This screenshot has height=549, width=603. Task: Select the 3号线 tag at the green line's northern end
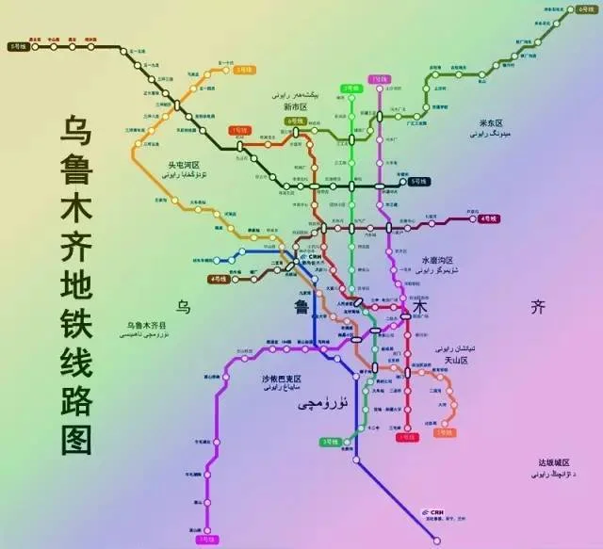[x=351, y=88]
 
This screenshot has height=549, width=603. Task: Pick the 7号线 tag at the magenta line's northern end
[x=380, y=78]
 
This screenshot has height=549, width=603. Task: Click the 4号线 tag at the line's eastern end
[x=488, y=218]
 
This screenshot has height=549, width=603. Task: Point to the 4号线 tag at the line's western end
[x=219, y=279]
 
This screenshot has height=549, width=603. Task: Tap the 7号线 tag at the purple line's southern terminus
[x=205, y=540]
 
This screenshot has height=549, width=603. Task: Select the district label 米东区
[x=494, y=123]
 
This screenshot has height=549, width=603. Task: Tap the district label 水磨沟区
[x=437, y=261]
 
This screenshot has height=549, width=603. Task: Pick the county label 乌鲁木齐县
[x=146, y=325]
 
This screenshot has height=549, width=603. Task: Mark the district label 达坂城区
[x=553, y=462]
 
